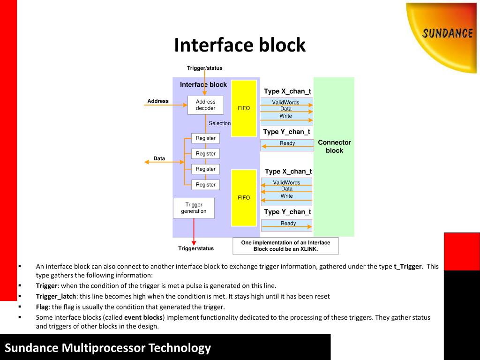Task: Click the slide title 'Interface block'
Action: [240, 45]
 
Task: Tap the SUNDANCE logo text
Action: [447, 33]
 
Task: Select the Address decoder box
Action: [205, 105]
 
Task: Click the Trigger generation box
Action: [194, 208]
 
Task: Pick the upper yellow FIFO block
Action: [244, 108]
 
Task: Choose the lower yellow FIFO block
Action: [244, 198]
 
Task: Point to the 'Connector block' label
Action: [334, 146]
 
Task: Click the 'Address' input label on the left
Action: [158, 101]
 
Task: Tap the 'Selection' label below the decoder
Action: [219, 123]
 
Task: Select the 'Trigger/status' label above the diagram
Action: [204, 68]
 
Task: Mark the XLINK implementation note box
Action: [285, 246]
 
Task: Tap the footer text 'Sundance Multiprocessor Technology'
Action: [108, 348]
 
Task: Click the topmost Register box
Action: [205, 138]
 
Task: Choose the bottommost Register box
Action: [205, 185]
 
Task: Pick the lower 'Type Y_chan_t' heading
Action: [287, 212]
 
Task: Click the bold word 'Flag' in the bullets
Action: [42, 307]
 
